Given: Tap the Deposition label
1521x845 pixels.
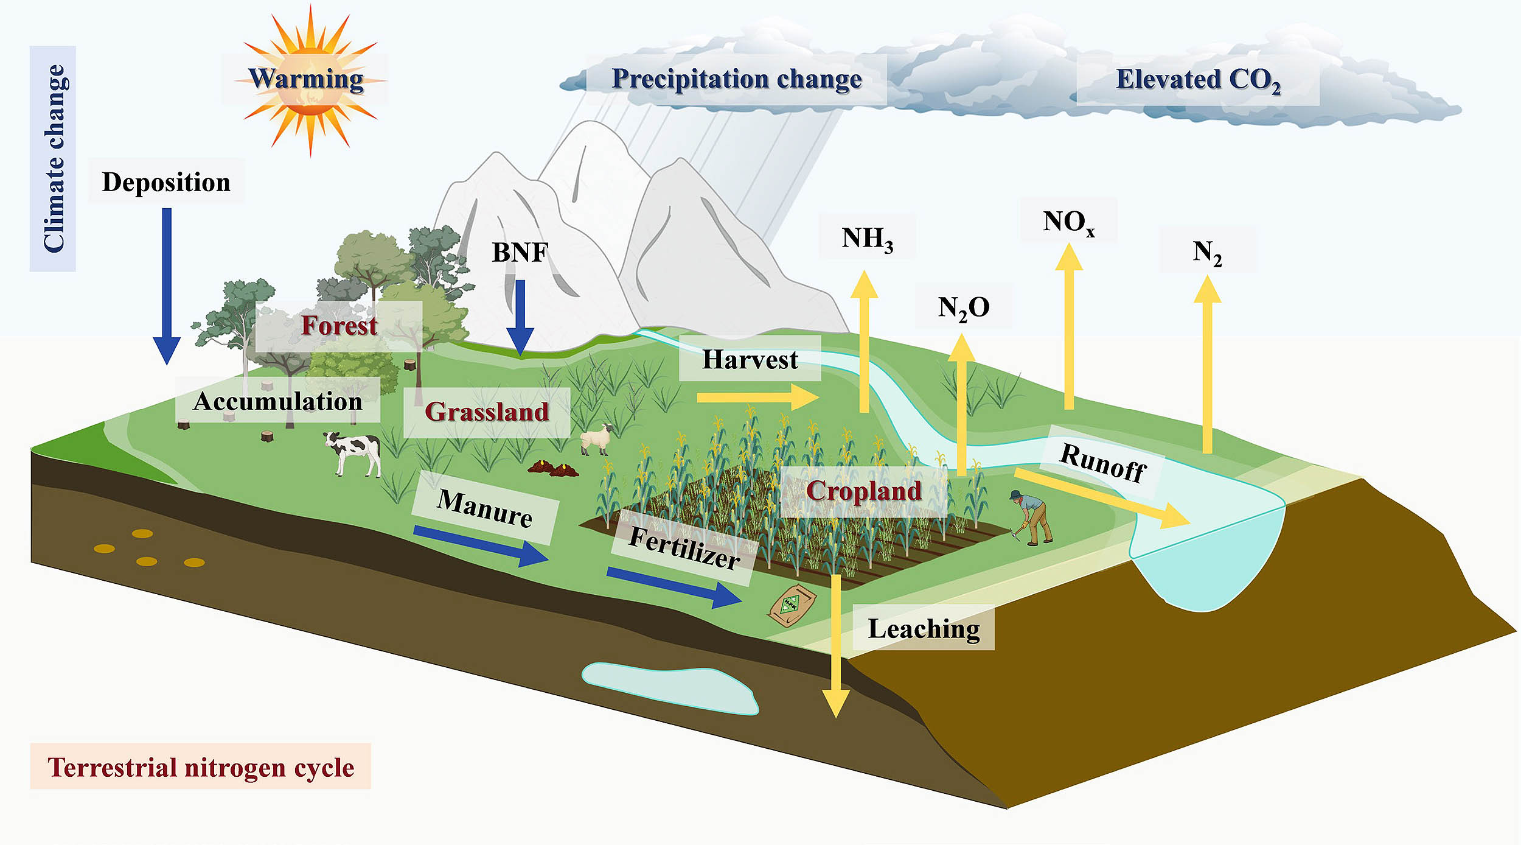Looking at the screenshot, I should click(166, 182).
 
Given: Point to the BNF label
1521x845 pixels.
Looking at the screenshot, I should click(520, 252).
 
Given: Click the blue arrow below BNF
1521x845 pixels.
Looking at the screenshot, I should click(520, 317).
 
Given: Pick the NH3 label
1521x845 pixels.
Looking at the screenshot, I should click(867, 238).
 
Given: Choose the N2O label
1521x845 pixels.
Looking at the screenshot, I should click(964, 308).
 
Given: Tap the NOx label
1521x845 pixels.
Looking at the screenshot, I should click(1068, 222).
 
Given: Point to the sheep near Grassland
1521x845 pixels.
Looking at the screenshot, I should click(596, 438).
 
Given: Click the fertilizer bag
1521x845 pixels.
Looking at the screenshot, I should click(791, 605).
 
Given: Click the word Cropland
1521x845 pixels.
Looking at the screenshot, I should click(863, 491).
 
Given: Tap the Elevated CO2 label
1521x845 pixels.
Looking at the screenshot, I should click(1198, 80).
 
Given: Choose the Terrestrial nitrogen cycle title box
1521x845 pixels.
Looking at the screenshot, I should click(200, 767).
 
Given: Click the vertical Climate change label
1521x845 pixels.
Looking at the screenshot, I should click(53, 158).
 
